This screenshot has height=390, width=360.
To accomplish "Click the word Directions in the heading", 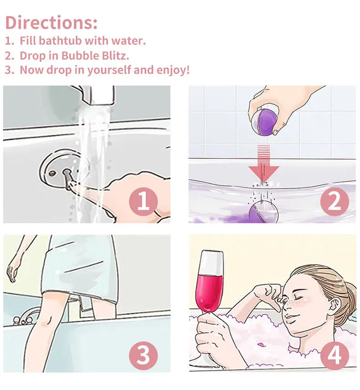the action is click(x=49, y=23).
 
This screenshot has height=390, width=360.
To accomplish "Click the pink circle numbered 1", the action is click(x=143, y=201).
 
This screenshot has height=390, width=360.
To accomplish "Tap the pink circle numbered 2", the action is click(x=334, y=201).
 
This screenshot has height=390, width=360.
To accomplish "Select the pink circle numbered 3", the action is click(x=143, y=355).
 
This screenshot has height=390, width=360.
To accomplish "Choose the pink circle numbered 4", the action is click(x=334, y=355).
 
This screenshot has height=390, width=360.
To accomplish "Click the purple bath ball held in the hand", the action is click(x=265, y=121).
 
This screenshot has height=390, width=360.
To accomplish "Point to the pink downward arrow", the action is click(x=264, y=164).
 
